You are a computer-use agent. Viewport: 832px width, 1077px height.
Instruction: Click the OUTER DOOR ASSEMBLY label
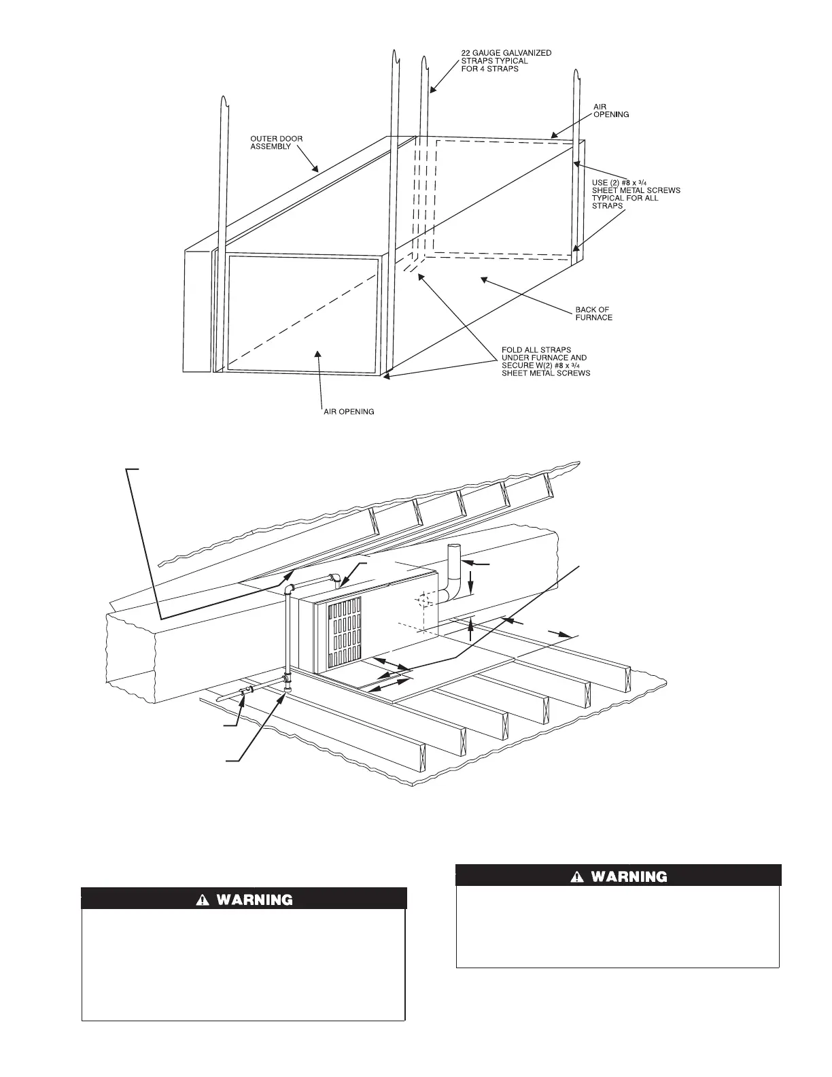click(277, 143)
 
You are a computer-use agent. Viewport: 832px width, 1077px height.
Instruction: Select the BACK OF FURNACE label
click(593, 313)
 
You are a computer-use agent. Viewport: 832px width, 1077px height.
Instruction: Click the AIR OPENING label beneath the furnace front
click(348, 412)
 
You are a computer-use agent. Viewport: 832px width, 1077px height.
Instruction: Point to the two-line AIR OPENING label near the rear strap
click(612, 111)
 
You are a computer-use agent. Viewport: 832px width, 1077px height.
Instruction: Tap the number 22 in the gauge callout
click(466, 53)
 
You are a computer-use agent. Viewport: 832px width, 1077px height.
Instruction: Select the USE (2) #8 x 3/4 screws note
click(635, 194)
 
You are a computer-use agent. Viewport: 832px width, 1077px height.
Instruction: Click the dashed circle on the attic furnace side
click(423, 600)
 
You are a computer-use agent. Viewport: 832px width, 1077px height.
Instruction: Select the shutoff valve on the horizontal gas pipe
click(246, 692)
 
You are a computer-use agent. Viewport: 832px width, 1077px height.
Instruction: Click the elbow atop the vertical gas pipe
click(290, 588)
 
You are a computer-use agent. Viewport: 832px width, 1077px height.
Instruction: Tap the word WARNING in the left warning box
click(254, 900)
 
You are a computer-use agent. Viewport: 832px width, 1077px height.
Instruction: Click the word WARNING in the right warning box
click(629, 876)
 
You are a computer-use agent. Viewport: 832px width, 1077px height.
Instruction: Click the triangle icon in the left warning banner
click(202, 900)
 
